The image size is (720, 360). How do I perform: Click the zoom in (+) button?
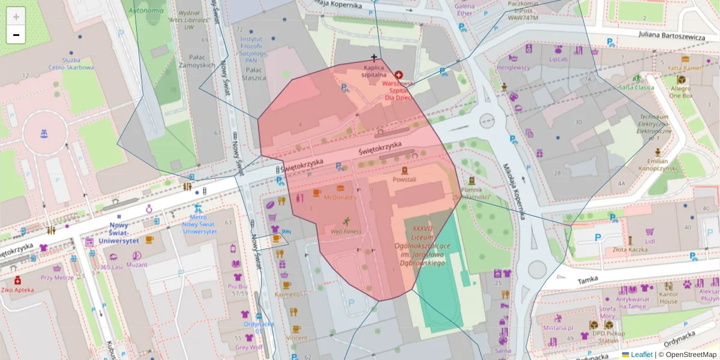click(16, 17)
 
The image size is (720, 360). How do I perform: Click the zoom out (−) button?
click(16, 35)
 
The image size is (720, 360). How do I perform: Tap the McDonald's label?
click(340, 197)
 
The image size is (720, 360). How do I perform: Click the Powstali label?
click(404, 179)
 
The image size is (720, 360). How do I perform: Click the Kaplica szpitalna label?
click(374, 71)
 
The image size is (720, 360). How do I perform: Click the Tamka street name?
click(589, 280)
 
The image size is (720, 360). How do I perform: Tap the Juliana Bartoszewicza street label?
click(671, 37)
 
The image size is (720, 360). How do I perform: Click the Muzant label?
click(137, 265)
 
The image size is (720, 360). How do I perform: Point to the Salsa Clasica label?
click(636, 87)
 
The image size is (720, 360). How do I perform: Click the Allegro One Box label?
click(680, 92)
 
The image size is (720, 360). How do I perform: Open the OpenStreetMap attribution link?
click(691, 355)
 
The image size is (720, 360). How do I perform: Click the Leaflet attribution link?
click(641, 355)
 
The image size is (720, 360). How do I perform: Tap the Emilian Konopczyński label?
click(658, 165)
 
